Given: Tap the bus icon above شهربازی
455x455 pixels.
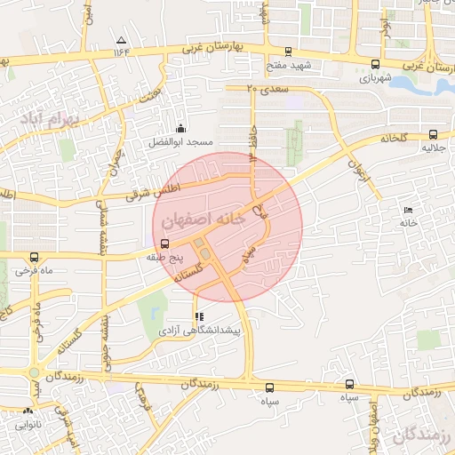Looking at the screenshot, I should [x=375, y=64].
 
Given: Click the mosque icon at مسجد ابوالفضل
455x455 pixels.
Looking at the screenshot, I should [x=182, y=129].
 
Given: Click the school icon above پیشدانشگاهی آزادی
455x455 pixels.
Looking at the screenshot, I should [x=198, y=316].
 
